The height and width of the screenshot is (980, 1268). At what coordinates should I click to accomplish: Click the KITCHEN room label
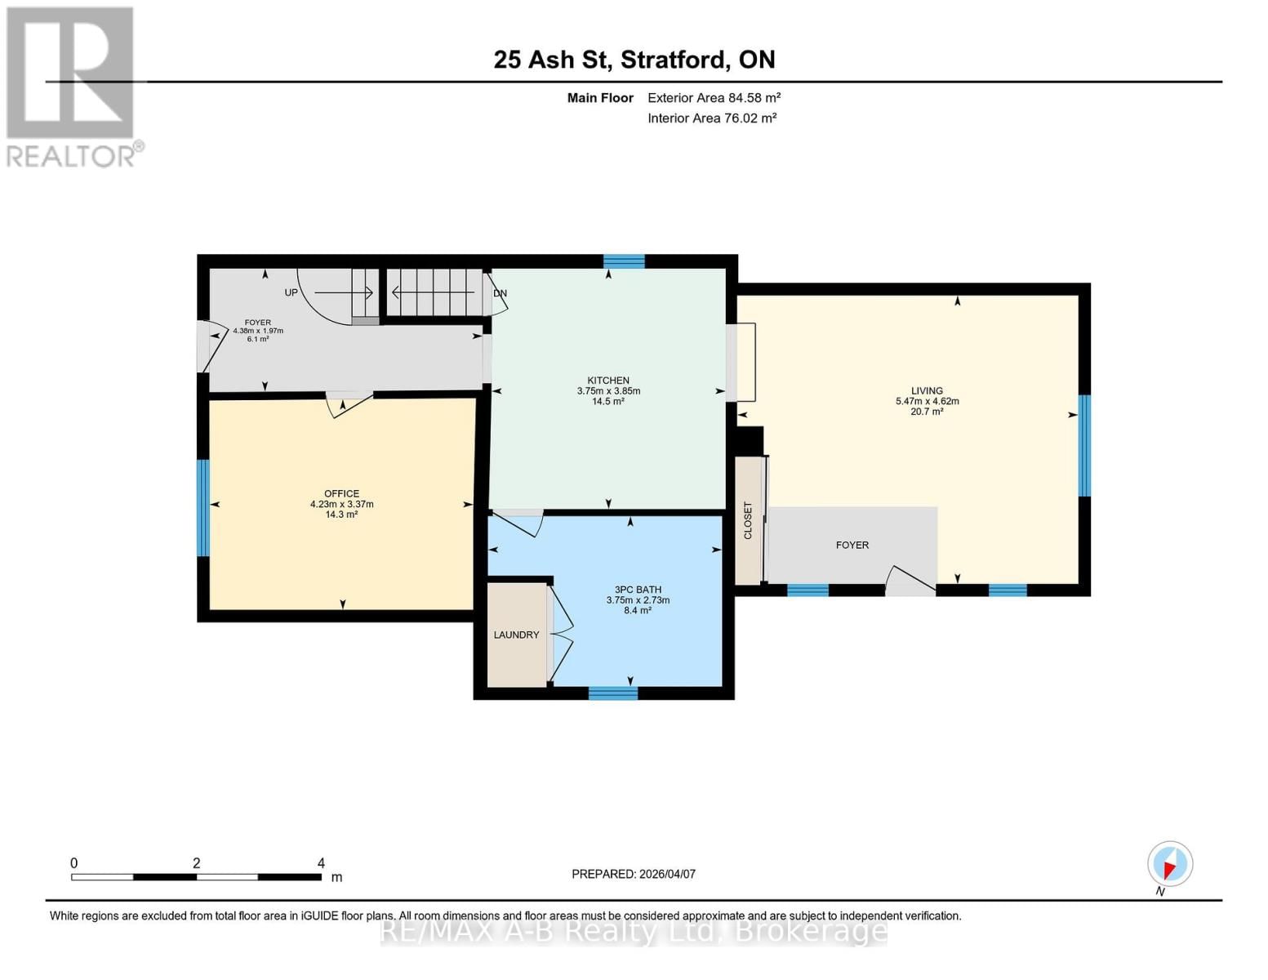(608, 381)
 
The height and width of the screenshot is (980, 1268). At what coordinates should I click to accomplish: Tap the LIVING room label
(927, 391)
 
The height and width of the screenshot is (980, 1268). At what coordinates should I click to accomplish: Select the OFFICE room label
(341, 493)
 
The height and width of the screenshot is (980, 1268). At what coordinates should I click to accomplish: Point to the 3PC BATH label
(638, 590)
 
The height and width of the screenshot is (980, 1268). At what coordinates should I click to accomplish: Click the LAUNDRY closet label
(516, 635)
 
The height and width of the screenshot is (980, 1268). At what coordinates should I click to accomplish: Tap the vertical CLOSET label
(748, 520)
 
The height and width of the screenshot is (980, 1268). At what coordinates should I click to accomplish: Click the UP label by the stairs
(291, 292)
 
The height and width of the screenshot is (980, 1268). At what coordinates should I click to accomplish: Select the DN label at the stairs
(500, 293)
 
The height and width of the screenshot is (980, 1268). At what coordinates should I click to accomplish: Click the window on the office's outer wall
(203, 507)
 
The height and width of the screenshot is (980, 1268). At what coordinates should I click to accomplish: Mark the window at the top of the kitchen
(624, 261)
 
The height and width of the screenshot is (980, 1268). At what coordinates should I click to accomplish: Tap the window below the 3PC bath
(613, 693)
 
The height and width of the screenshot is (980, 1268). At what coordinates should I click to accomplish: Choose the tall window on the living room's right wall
(1084, 445)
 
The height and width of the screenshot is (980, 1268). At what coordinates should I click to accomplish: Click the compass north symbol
(1170, 864)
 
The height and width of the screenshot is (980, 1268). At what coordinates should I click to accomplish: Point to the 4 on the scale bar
(321, 863)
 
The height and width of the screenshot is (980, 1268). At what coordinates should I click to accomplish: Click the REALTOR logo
(72, 86)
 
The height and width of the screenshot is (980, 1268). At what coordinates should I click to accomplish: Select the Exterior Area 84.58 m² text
(714, 98)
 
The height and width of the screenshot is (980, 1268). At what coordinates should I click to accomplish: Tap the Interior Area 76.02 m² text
(712, 118)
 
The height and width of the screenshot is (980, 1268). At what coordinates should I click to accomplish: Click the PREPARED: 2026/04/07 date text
(634, 874)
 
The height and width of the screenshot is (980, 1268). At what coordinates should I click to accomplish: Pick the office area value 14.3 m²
(341, 514)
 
